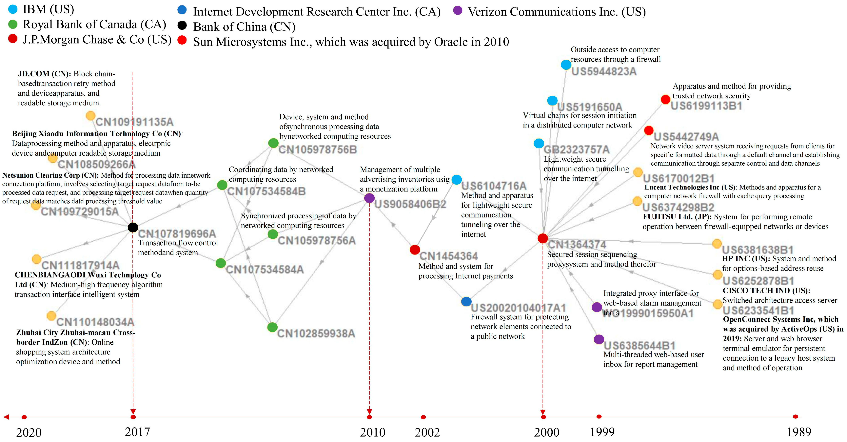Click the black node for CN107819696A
(x=133, y=227)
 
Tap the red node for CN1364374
(x=542, y=238)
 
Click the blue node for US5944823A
(x=566, y=65)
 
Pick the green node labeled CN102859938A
(x=272, y=327)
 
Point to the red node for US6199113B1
(x=665, y=99)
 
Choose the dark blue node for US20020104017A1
(x=466, y=301)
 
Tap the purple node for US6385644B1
(x=599, y=339)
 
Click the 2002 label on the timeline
(x=427, y=432)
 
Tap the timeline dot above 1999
(x=599, y=417)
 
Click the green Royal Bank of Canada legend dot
(x=13, y=24)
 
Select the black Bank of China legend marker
(x=182, y=25)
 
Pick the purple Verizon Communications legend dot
(x=457, y=10)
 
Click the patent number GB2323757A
(x=576, y=150)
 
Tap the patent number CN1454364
(x=448, y=256)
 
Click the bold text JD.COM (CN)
(x=44, y=74)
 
